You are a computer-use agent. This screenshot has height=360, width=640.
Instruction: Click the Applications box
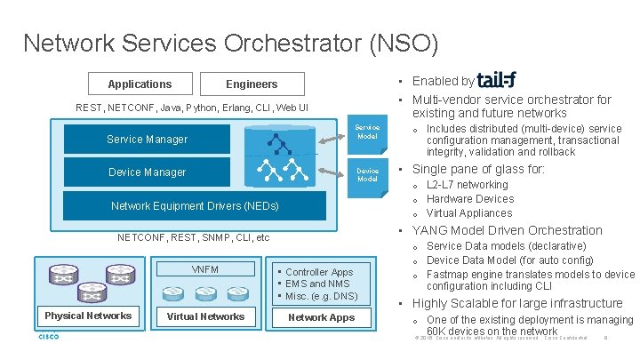tap(140, 84)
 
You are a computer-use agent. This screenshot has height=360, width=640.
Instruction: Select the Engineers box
tap(252, 84)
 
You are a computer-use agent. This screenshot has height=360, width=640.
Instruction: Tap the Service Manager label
tap(148, 139)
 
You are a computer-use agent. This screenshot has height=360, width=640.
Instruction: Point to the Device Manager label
tap(147, 172)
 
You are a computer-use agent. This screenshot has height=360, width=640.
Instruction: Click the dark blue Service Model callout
tap(367, 132)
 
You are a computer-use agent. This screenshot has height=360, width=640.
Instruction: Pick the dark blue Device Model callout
tap(367, 175)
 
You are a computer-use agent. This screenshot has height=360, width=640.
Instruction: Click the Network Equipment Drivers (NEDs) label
tap(195, 206)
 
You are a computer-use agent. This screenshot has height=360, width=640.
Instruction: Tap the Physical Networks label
tap(88, 316)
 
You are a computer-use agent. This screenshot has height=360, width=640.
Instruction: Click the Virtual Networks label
tap(205, 316)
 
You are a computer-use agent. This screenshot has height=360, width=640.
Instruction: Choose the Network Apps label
tap(321, 316)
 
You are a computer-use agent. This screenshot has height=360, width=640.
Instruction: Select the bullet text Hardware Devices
tap(470, 199)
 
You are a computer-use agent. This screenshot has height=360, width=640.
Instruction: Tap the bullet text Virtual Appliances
tap(470, 213)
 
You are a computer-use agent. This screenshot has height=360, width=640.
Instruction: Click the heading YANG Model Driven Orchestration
tap(507, 230)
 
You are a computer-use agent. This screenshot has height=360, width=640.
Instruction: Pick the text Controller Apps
tap(319, 272)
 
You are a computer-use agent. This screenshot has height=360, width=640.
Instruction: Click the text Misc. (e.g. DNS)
tap(321, 296)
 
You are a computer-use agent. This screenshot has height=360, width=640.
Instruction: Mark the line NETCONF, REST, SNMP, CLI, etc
tap(194, 238)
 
